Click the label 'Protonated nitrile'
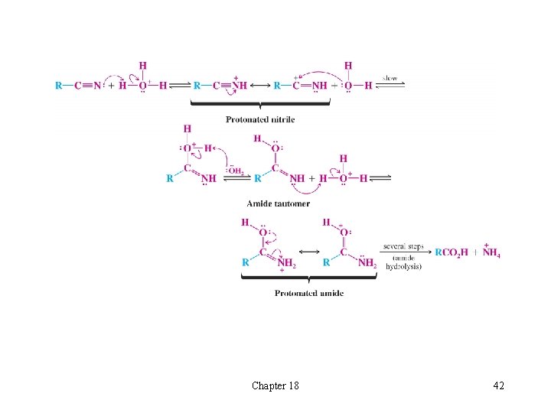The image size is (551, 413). pyautogui.click(x=260, y=119)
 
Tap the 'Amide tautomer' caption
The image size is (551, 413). pyautogui.click(x=278, y=203)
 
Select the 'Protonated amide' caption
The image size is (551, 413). pyautogui.click(x=309, y=293)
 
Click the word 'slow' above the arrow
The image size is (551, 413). pyautogui.click(x=390, y=77)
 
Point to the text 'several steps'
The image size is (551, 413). pyautogui.click(x=403, y=246)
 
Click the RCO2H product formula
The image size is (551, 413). pyautogui.click(x=452, y=253)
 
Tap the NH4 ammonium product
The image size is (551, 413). pyautogui.click(x=491, y=252)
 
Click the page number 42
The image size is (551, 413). pyautogui.click(x=497, y=385)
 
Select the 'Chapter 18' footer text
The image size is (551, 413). pyautogui.click(x=275, y=385)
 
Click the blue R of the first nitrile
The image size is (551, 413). pyautogui.click(x=59, y=86)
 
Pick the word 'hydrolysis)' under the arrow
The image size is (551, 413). pyautogui.click(x=403, y=266)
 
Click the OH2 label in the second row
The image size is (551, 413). pyautogui.click(x=236, y=171)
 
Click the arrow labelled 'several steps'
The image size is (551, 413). pyautogui.click(x=403, y=253)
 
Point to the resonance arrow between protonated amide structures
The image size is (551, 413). pyautogui.click(x=308, y=252)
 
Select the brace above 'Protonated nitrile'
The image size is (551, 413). pyautogui.click(x=260, y=107)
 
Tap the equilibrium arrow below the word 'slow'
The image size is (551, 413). pyautogui.click(x=391, y=86)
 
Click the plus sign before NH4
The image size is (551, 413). pyautogui.click(x=473, y=253)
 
